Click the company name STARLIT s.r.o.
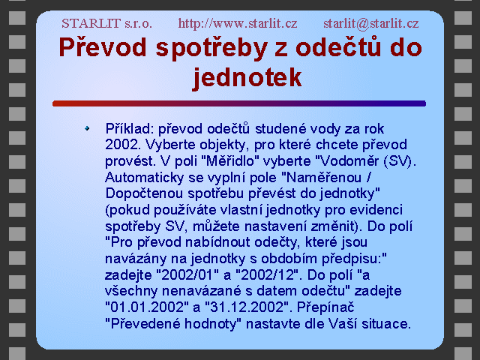click(106, 23)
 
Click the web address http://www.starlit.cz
click(238, 23)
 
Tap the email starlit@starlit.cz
click(371, 23)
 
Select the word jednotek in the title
click(247, 77)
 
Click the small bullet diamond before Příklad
click(87, 128)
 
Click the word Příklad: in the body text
click(130, 129)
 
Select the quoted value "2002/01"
click(184, 275)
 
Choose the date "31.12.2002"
click(247, 307)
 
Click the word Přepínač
click(325, 307)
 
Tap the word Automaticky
click(145, 178)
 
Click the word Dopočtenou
click(145, 193)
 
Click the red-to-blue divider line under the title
click(239, 103)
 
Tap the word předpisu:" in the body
click(354, 259)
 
